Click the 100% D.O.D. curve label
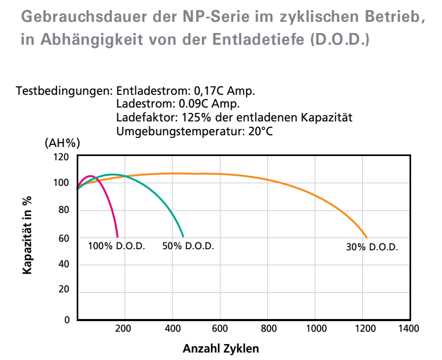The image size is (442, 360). coord(117,247)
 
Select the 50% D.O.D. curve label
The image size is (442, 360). coord(188,247)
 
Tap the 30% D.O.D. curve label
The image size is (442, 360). coord(372,248)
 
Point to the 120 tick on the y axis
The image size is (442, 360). coord(62,157)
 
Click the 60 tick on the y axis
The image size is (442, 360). coord(64,239)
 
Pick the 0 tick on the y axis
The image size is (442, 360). coord(67,320)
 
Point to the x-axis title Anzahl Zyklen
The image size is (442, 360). coord(221,349)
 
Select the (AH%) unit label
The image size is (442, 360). coord(62,143)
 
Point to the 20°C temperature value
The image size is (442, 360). coord(260,130)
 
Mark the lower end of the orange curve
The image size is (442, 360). coord(367,237)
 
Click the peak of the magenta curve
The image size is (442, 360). coord(89,176)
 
